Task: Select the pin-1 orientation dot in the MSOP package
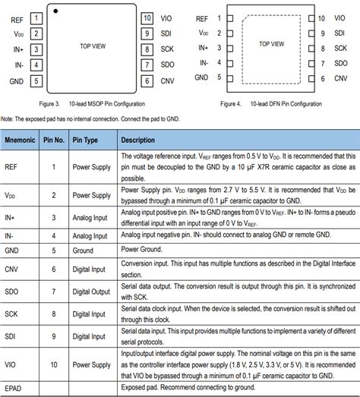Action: coord(56,10)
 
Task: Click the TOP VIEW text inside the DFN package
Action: coord(271,44)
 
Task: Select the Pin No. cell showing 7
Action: coord(54,291)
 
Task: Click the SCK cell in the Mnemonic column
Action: coord(12,313)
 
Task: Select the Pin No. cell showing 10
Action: coord(54,364)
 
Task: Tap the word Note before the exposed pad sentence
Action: coord(8,118)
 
